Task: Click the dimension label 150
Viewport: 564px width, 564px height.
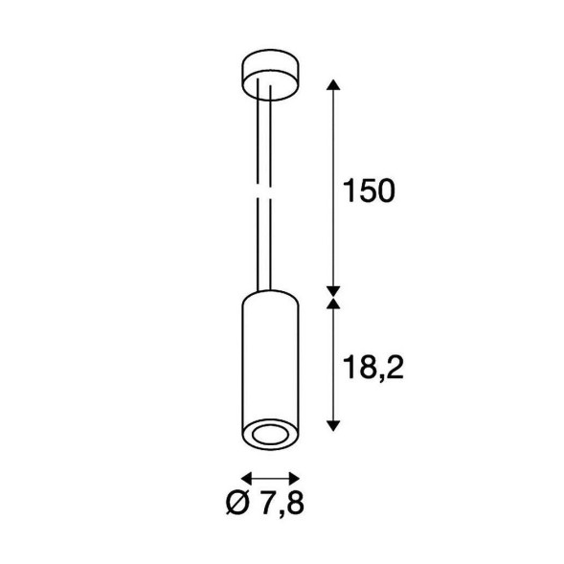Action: (369, 191)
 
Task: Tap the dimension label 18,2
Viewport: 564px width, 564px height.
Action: (373, 368)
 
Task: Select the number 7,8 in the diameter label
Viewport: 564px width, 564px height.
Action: (282, 502)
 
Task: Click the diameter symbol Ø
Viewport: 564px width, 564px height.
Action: (237, 502)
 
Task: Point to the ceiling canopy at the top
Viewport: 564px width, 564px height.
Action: (270, 75)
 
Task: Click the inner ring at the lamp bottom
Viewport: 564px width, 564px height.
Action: (270, 435)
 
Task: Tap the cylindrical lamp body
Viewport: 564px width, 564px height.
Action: (270, 371)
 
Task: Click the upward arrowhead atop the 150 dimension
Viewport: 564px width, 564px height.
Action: (333, 84)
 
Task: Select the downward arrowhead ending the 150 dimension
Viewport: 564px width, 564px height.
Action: (333, 292)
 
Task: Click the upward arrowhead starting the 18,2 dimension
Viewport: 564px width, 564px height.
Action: (333, 304)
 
